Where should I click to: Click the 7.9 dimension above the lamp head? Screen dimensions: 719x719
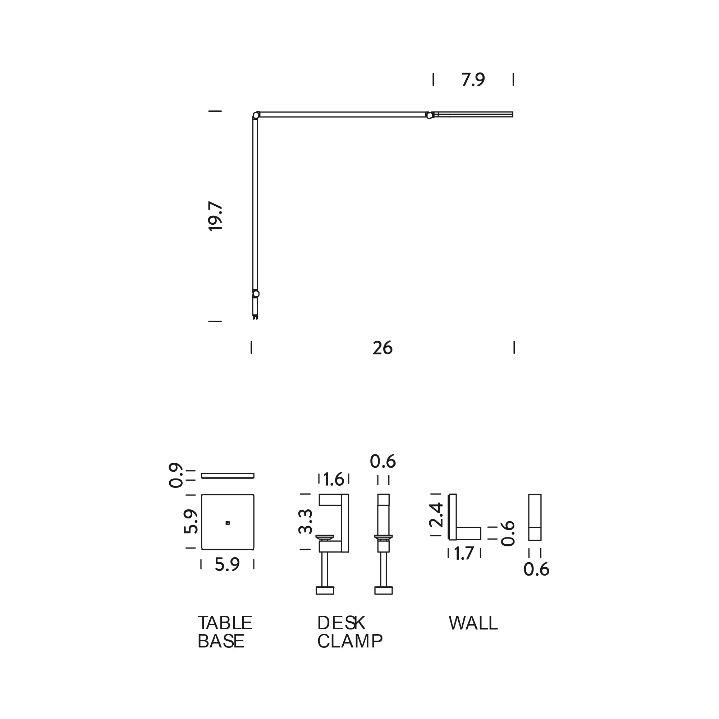[473, 80]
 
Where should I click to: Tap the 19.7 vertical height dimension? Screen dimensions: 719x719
[215, 216]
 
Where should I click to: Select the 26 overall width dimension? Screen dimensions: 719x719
[383, 348]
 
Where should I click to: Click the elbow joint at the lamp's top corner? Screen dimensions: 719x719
[256, 115]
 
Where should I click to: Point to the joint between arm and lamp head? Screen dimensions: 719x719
[430, 115]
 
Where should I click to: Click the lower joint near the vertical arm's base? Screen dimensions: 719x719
[256, 294]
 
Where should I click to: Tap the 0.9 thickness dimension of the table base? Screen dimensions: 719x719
[176, 475]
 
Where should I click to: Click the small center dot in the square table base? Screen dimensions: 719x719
[228, 523]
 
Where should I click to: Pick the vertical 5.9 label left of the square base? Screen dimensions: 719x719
[191, 521]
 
